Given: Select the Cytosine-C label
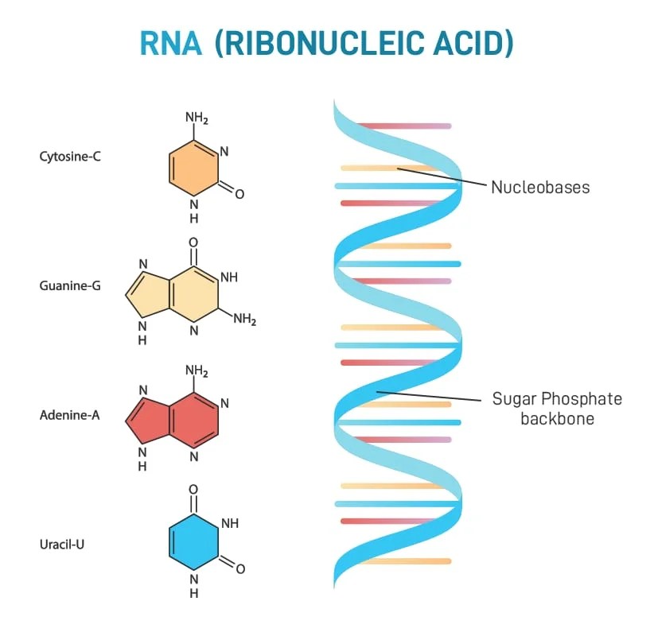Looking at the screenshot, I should click(x=70, y=157).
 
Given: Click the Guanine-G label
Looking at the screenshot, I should click(x=70, y=285).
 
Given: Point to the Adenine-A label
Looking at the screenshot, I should click(x=70, y=414).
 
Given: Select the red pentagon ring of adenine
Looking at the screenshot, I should click(x=144, y=416).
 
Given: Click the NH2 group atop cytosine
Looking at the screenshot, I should click(x=197, y=118).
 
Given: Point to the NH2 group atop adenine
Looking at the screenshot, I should click(x=197, y=370).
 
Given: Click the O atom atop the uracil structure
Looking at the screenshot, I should click(x=193, y=490).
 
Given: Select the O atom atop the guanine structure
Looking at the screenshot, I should click(x=193, y=242).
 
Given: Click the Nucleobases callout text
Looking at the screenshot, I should click(x=540, y=188).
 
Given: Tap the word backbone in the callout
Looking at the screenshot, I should click(x=557, y=418).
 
